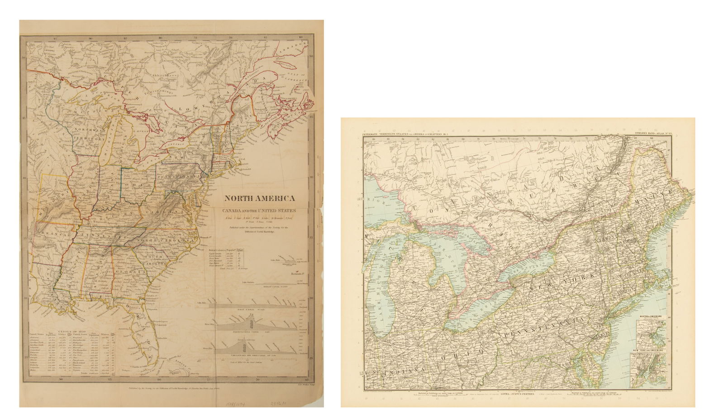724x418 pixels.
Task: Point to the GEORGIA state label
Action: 128,272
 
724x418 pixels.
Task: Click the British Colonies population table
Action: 229,260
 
